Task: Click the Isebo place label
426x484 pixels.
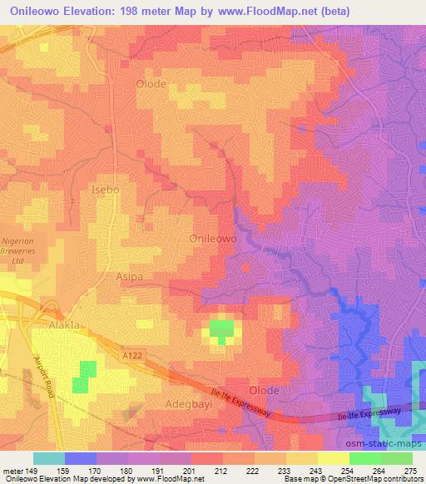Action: tap(105, 190)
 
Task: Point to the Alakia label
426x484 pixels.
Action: tap(63, 325)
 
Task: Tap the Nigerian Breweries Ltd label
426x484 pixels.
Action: tap(23, 248)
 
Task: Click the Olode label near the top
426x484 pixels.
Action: tap(151, 84)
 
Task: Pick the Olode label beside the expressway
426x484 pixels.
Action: tap(264, 390)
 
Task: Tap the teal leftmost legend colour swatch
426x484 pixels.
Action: tap(49, 458)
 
